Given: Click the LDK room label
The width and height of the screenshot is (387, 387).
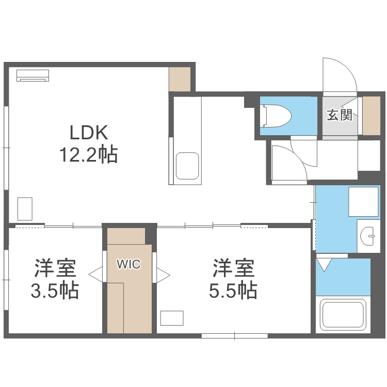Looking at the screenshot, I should [89, 133].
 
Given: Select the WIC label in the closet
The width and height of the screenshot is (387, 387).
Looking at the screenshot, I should [128, 265].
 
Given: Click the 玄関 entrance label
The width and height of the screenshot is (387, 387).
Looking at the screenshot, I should [339, 115].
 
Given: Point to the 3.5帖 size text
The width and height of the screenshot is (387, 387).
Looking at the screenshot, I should [55, 291].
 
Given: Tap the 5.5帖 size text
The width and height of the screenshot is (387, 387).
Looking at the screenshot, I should [233, 291].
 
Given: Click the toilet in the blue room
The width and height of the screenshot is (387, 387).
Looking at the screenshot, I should [276, 116].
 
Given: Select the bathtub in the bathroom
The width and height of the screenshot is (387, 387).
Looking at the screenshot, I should [343, 315].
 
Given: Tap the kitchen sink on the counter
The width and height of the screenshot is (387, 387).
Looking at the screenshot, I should [187, 165].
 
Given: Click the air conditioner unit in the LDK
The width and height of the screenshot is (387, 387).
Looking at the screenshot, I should [33, 75].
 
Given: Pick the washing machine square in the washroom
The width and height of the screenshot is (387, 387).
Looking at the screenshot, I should [364, 201].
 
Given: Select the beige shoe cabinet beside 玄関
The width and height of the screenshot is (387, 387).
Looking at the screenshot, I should [372, 115].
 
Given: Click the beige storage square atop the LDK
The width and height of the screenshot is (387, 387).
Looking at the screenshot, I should [180, 79].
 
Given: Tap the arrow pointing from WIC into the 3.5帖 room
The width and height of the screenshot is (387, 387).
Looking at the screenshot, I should [96, 275].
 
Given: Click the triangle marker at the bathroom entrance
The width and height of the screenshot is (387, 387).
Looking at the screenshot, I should [325, 265].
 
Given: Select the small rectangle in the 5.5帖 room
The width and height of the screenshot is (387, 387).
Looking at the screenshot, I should [171, 318].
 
